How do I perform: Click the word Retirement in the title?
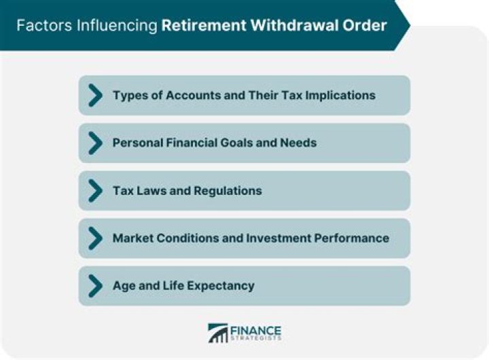coord(198,26)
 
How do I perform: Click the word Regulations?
coord(228,190)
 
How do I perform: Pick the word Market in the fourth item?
coord(134,238)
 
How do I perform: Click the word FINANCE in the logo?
coord(255,329)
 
